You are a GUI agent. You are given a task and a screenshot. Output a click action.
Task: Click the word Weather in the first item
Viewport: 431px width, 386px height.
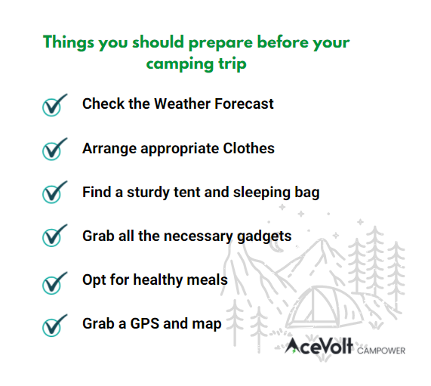182,103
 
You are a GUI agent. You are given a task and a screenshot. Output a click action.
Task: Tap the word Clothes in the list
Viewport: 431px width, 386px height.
248,148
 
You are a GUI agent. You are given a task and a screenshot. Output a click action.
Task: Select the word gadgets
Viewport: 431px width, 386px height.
264,236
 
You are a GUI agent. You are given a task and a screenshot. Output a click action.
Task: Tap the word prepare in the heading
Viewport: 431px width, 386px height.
220,43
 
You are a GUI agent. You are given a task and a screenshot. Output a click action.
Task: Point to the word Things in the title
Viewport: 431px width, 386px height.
69,42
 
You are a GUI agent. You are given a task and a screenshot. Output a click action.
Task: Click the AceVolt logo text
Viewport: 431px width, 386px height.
319,346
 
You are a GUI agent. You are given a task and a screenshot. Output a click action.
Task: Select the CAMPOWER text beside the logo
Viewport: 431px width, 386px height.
381,350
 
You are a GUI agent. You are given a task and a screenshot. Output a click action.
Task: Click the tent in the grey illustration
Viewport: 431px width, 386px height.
324,306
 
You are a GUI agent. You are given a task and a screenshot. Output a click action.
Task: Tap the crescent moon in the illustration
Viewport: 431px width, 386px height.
277,248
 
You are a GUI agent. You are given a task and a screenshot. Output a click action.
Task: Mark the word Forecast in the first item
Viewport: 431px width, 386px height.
244,103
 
